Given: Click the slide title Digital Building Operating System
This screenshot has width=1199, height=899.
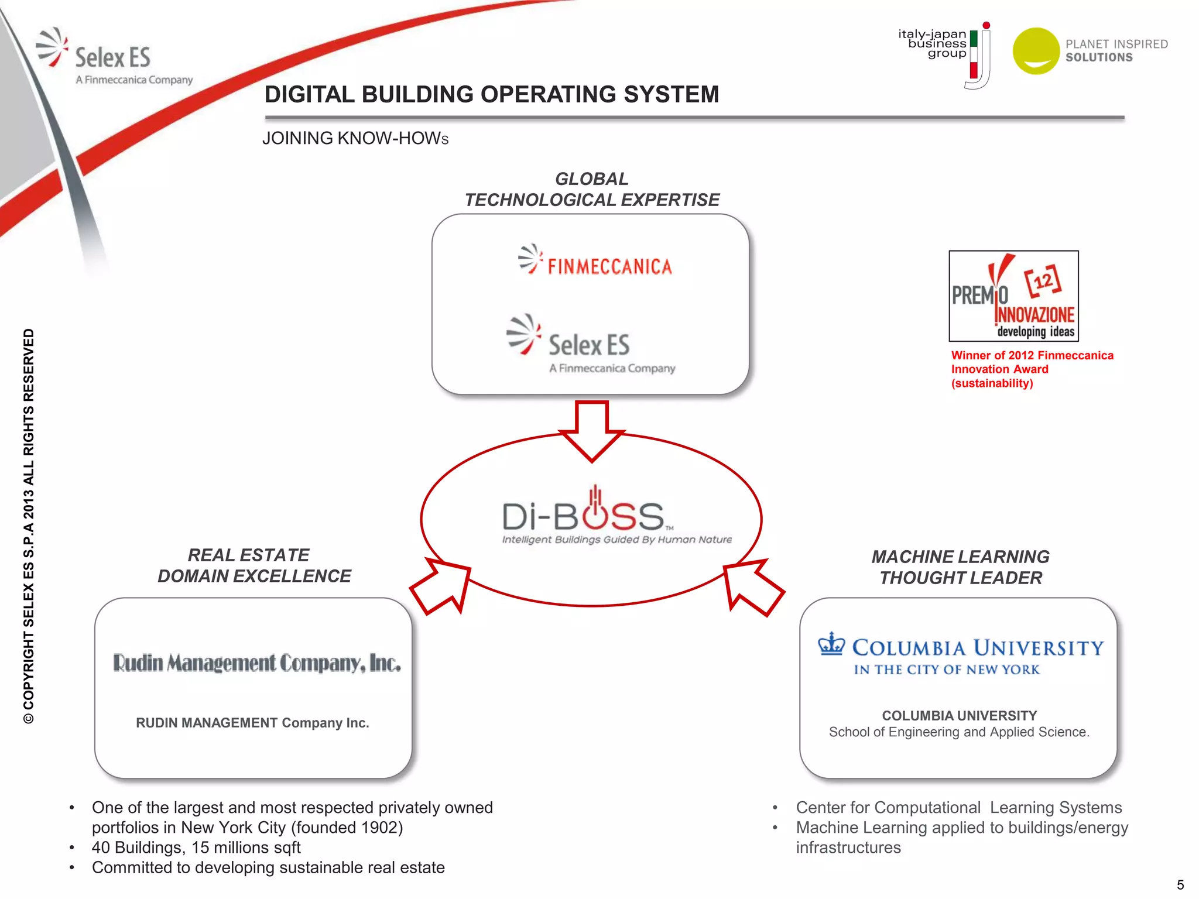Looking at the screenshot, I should [x=491, y=94].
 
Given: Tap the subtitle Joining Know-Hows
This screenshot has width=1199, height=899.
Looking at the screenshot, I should [x=355, y=139].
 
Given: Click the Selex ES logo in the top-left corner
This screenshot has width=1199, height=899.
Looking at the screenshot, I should [x=111, y=57].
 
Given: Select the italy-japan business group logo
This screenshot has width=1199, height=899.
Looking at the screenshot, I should [x=944, y=53].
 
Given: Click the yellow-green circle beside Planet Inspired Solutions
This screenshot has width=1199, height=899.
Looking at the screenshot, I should [x=1036, y=51].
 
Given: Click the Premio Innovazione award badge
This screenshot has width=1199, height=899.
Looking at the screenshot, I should [x=1013, y=296].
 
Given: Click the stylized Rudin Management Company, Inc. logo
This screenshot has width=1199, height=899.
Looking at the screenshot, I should [x=256, y=663].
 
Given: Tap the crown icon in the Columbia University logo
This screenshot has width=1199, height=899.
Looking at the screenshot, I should [x=831, y=644].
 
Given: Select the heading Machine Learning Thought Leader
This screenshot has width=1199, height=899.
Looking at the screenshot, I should [x=960, y=567].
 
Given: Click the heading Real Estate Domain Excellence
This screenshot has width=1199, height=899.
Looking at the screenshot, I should [x=253, y=565].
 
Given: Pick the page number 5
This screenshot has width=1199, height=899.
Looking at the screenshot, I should [x=1180, y=884].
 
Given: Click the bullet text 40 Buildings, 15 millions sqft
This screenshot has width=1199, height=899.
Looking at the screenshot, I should [x=196, y=847].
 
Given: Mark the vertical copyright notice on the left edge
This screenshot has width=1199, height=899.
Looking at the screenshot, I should [x=29, y=527].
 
